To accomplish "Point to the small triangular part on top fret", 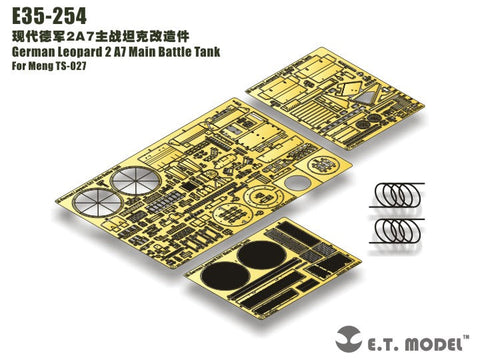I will (x=370, y=100).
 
